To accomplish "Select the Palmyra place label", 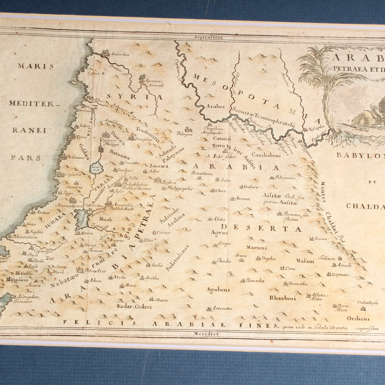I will [184, 133].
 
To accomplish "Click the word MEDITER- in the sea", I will [34, 104].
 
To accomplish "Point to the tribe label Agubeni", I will [218, 289].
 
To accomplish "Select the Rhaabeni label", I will [282, 298].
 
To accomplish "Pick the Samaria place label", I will [74, 187].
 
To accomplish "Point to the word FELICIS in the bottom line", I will [82, 324].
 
